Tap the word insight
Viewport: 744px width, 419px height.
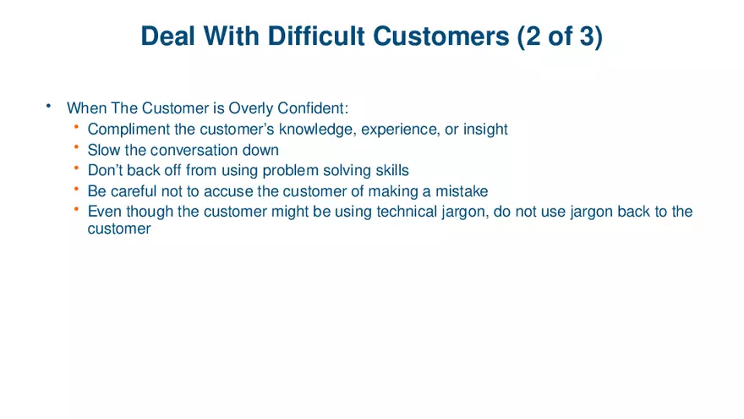[x=484, y=130]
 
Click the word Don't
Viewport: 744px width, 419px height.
[x=106, y=171]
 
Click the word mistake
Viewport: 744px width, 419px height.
[x=461, y=191]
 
